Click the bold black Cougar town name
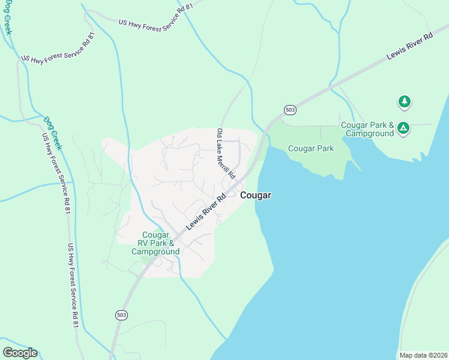click(x=256, y=196)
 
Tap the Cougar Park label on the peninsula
click(x=311, y=148)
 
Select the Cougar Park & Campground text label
click(x=367, y=129)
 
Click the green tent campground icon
click(x=404, y=128)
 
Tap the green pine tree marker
click(x=405, y=102)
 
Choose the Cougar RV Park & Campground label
click(x=155, y=243)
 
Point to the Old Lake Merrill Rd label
click(x=226, y=152)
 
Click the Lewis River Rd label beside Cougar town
click(x=205, y=211)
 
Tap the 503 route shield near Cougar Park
click(x=291, y=110)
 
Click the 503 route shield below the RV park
click(x=122, y=315)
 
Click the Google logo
click(x=20, y=353)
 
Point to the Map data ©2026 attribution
click(x=423, y=355)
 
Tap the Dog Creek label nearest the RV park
click(x=52, y=132)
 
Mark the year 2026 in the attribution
click(x=439, y=355)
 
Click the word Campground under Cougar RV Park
click(x=155, y=252)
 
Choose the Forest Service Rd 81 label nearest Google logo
click(x=73, y=285)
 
